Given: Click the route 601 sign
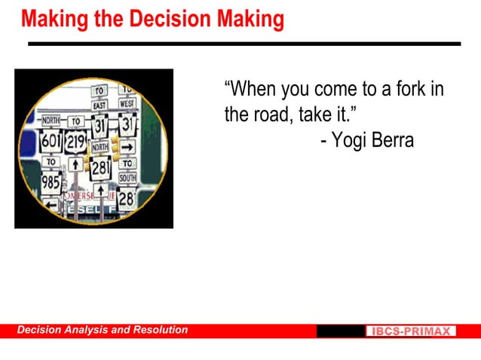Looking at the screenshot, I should tap(51, 141).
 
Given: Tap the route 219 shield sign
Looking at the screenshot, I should tap(75, 142).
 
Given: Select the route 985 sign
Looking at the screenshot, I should tap(51, 182).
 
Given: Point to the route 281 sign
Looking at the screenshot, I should tap(101, 169).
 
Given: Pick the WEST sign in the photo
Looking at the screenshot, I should tap(127, 103).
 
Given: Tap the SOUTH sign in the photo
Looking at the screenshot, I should tap(127, 178).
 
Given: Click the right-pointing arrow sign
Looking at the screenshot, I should tap(127, 147).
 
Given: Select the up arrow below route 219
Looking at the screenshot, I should tap(75, 163).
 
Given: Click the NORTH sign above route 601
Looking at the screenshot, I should tap(51, 121).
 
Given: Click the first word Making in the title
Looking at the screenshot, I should tap(54, 17).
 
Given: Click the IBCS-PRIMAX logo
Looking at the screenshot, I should tap(411, 331).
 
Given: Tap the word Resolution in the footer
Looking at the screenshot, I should tap(160, 330).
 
